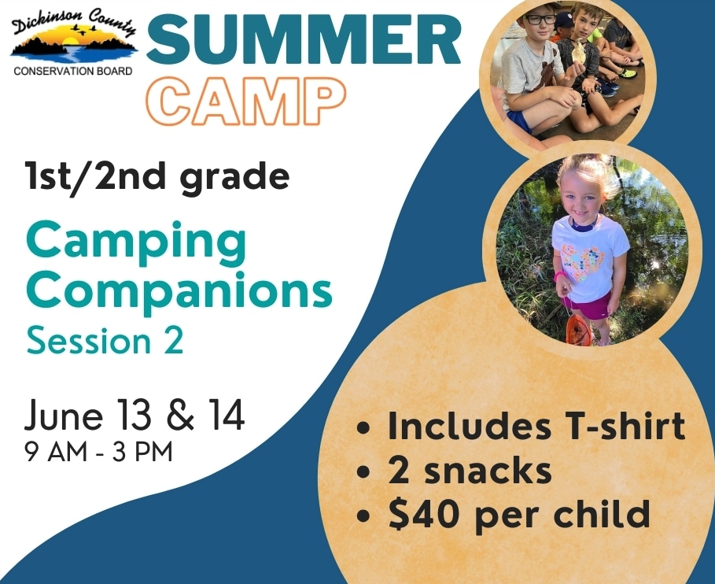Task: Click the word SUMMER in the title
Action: (x=304, y=40)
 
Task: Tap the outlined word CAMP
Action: (x=247, y=101)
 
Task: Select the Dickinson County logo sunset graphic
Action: (x=74, y=45)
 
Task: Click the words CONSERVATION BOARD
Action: (x=73, y=71)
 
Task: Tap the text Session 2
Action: (x=105, y=340)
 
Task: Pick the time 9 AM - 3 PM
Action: (x=99, y=452)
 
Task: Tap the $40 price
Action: (x=425, y=513)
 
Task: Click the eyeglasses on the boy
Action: (x=539, y=19)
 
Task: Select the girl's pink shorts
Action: (x=588, y=305)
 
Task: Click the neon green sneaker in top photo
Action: (x=628, y=73)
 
